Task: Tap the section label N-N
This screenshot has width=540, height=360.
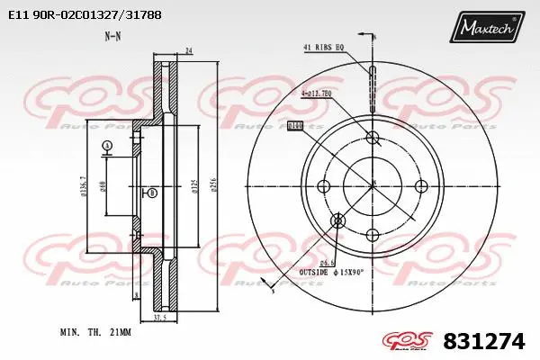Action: [112, 37]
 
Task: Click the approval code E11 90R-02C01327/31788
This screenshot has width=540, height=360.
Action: [78, 15]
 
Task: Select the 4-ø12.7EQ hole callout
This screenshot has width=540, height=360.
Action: [317, 92]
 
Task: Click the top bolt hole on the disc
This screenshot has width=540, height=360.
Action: [373, 137]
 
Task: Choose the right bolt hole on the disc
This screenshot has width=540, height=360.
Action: [420, 185]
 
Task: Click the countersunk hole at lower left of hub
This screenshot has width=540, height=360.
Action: [338, 220]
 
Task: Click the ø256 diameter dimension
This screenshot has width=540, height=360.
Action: [213, 186]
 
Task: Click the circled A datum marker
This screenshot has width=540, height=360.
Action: [107, 146]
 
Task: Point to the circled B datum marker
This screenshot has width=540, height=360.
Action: [151, 193]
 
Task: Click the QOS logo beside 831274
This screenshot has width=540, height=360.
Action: [410, 341]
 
